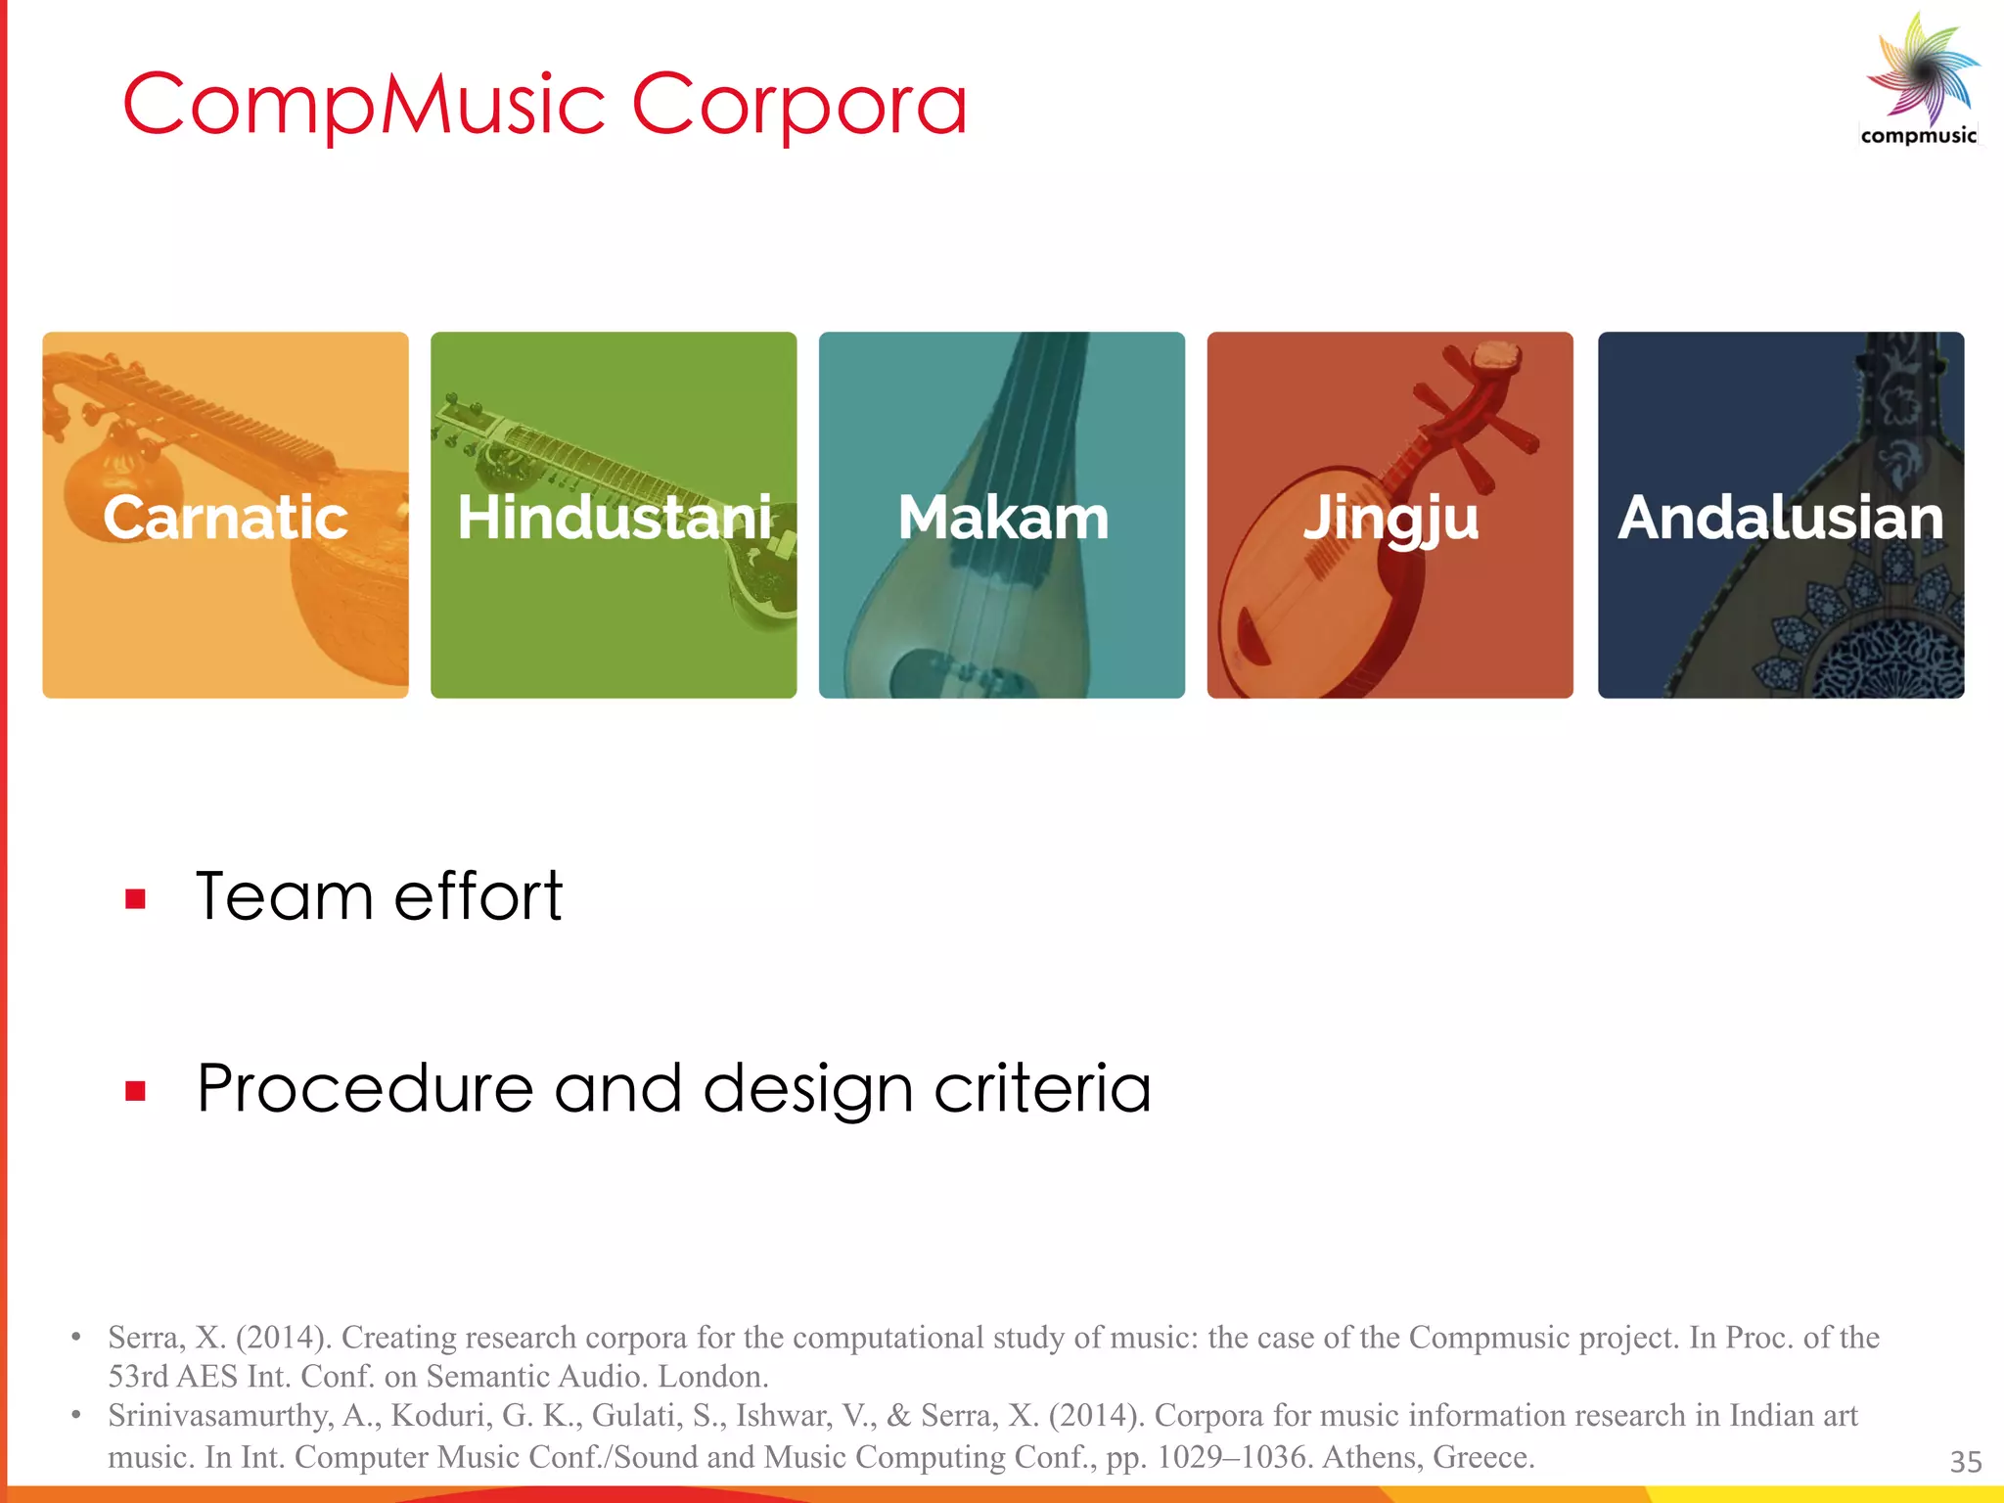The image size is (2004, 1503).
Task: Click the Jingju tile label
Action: click(1389, 519)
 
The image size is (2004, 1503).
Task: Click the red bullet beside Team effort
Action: click(135, 898)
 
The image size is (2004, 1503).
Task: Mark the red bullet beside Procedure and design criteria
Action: click(135, 1090)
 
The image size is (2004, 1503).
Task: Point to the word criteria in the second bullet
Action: click(1042, 1088)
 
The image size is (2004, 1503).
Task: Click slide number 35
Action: click(1965, 1462)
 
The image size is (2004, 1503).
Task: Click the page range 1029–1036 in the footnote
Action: click(1234, 1457)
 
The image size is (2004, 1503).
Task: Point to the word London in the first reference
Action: click(711, 1377)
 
